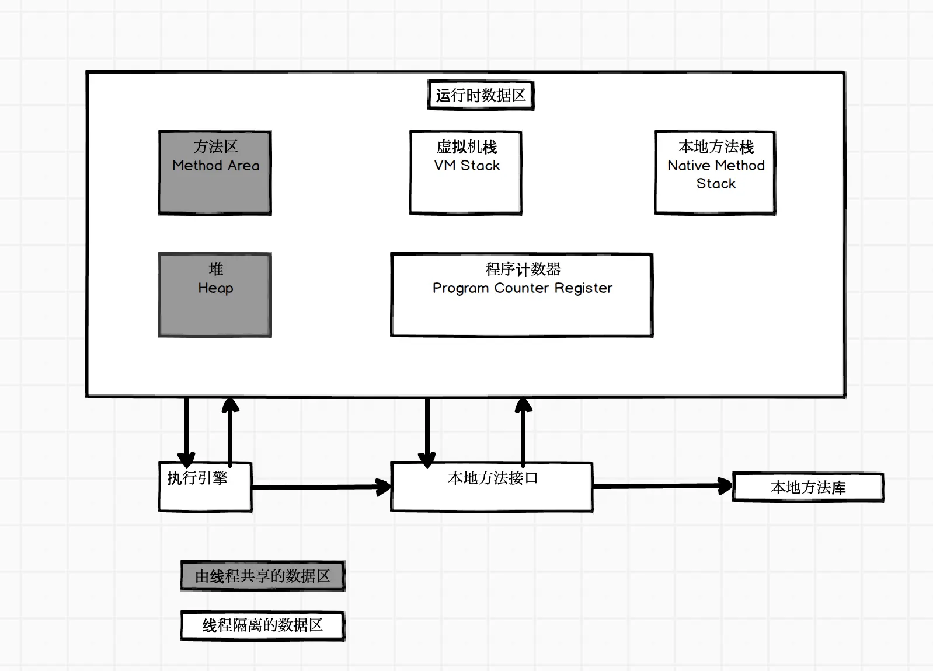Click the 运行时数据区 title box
tap(481, 95)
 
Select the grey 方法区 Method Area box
tap(215, 173)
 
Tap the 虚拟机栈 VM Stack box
tap(466, 173)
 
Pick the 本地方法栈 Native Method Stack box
tap(715, 173)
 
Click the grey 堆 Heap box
tap(215, 295)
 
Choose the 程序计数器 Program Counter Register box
tap(522, 295)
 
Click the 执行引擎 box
tap(206, 487)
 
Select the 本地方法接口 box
tap(492, 487)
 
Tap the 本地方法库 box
tap(808, 487)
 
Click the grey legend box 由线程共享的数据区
tap(262, 576)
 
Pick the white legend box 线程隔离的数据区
tap(262, 625)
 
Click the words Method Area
tap(216, 166)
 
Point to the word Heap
tap(215, 288)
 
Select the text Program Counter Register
tap(523, 288)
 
